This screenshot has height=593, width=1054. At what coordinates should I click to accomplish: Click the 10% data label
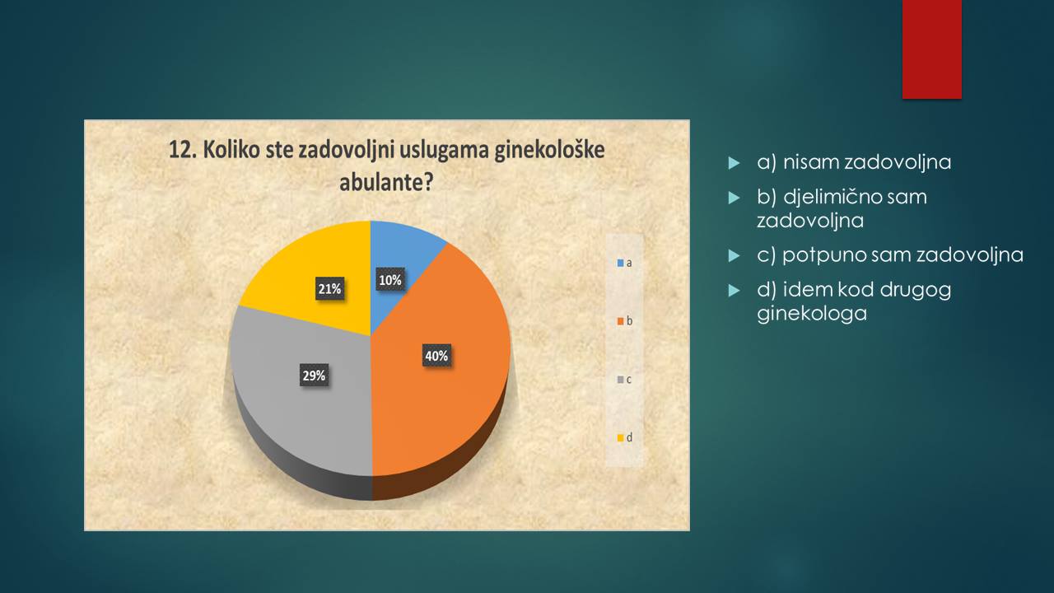(390, 280)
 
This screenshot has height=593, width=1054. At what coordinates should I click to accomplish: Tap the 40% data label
(436, 356)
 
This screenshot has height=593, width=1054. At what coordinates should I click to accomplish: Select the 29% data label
(314, 375)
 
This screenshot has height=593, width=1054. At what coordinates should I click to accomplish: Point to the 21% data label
(329, 288)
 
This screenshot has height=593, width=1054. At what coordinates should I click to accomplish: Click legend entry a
(624, 263)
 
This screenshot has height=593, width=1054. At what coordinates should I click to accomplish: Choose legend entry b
(624, 321)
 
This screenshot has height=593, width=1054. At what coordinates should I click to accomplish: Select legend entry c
(624, 380)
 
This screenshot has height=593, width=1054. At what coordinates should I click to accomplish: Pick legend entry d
(624, 437)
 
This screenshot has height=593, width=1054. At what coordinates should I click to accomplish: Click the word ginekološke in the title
(549, 151)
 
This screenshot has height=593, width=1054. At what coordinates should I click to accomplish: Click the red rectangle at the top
(931, 49)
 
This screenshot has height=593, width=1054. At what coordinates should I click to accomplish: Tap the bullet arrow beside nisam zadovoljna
(734, 163)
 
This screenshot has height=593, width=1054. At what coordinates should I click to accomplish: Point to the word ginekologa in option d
(812, 314)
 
